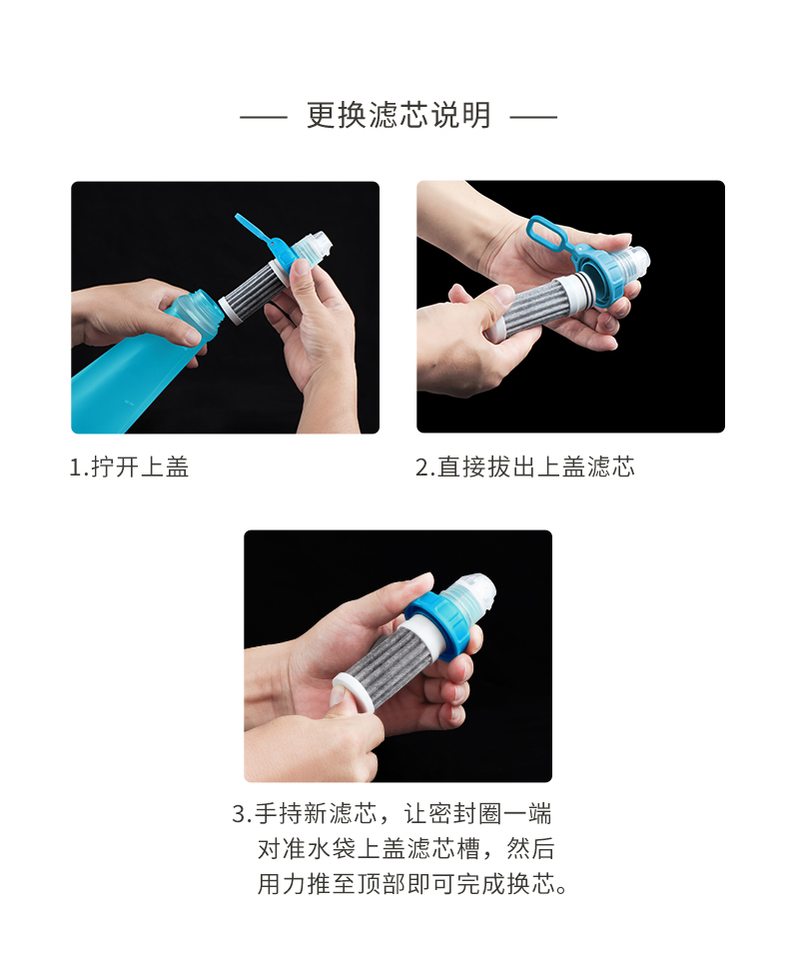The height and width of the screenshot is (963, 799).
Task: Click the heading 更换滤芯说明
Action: coord(399,115)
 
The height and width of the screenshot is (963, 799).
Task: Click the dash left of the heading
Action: coord(264,116)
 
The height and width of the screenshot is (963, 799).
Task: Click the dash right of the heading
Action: coord(533,116)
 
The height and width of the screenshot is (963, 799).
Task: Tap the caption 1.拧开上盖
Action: coord(129,468)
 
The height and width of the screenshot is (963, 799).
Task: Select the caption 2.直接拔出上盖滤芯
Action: coord(525,468)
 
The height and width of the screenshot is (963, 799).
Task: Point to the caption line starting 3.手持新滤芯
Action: coord(392,814)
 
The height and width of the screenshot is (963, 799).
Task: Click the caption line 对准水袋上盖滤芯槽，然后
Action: coord(405,849)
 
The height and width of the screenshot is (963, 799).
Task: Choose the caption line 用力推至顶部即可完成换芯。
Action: coord(412,884)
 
